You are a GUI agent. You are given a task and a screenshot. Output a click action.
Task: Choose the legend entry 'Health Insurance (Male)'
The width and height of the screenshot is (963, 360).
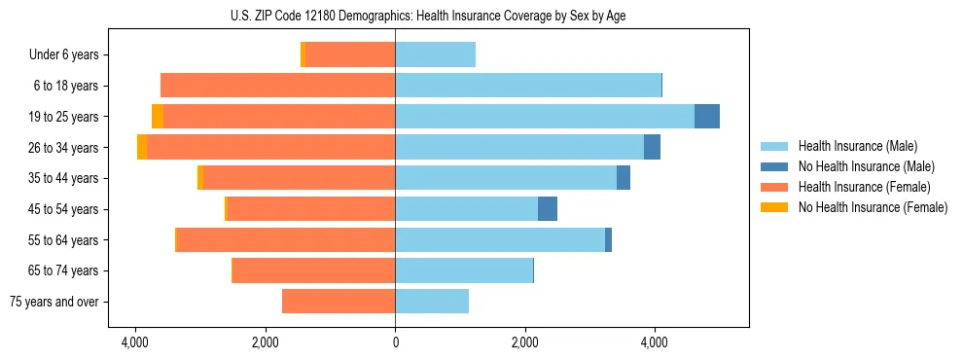(857, 146)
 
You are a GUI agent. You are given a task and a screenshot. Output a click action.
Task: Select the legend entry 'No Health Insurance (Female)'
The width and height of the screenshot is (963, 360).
(873, 207)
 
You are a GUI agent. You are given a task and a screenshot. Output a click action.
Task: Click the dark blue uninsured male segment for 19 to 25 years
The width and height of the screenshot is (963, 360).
(707, 117)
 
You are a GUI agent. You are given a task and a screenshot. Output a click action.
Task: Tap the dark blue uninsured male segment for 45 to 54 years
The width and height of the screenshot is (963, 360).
(548, 209)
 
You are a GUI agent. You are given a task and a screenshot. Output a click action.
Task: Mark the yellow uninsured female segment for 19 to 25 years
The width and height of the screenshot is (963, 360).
(158, 117)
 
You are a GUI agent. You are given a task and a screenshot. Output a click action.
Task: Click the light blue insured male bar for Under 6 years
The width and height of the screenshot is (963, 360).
(435, 55)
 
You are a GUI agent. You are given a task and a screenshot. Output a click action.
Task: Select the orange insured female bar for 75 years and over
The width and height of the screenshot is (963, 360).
(339, 302)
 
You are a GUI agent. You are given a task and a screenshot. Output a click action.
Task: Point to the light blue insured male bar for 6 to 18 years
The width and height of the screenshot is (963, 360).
(528, 86)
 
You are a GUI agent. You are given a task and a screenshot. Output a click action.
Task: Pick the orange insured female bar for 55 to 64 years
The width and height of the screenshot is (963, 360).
(286, 240)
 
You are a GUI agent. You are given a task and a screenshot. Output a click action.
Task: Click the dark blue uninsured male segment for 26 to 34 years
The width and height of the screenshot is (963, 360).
(652, 148)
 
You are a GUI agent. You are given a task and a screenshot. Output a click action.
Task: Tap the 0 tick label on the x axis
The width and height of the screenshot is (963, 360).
(395, 342)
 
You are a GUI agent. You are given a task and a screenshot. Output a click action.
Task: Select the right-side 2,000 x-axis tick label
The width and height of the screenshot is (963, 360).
(524, 342)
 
